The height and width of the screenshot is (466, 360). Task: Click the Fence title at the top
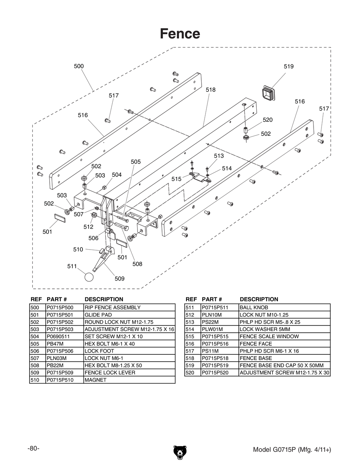point(180,34)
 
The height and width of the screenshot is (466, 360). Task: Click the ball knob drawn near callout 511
point(89,277)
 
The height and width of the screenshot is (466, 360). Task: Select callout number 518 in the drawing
point(211,90)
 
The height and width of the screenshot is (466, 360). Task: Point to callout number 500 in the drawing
point(79,66)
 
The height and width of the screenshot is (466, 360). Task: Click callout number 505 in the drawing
point(136,162)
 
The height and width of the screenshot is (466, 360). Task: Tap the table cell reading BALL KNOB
point(254,308)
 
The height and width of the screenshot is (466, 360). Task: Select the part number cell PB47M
point(55,344)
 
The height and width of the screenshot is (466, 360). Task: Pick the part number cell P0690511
point(58,336)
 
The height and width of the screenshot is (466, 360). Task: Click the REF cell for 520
point(190,373)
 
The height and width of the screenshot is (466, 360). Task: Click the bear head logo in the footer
point(180,452)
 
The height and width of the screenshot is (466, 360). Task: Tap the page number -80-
point(33,448)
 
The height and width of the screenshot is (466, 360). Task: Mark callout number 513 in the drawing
point(219,156)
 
